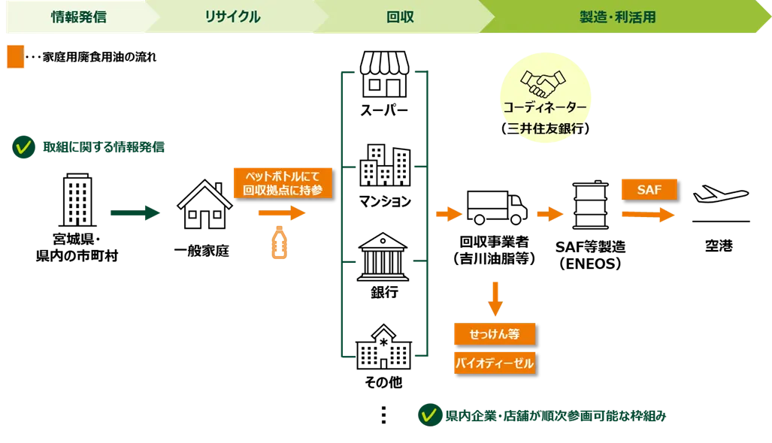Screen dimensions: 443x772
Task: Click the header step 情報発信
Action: (78, 17)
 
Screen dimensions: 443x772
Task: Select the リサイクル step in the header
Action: (232, 17)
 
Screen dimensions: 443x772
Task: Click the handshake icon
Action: (546, 83)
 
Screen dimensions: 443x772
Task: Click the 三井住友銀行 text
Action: (546, 128)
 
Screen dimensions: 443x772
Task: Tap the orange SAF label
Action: (649, 190)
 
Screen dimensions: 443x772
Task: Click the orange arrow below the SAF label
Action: (648, 215)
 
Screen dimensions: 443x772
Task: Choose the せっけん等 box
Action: (494, 333)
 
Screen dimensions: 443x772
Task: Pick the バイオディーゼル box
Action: (494, 363)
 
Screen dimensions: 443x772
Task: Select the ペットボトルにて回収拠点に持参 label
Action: (282, 183)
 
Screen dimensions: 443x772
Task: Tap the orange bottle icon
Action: (279, 243)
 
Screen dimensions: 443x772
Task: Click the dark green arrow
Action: (135, 214)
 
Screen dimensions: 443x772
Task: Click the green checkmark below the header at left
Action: (23, 148)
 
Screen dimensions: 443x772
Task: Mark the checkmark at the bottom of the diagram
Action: (428, 415)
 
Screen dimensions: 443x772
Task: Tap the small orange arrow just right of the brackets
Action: (448, 214)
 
